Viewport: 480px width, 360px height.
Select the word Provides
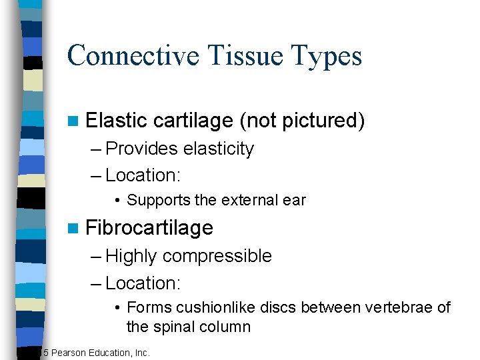pyautogui.click(x=141, y=149)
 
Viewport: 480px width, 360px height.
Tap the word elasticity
pyautogui.click(x=219, y=149)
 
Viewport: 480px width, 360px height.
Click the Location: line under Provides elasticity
pyautogui.click(x=143, y=175)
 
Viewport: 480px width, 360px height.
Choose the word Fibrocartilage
pyautogui.click(x=149, y=228)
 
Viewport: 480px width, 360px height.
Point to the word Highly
pyautogui.click(x=131, y=256)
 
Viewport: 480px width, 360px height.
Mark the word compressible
pyautogui.click(x=217, y=256)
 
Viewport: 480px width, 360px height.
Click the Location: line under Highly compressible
pyautogui.click(x=143, y=283)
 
